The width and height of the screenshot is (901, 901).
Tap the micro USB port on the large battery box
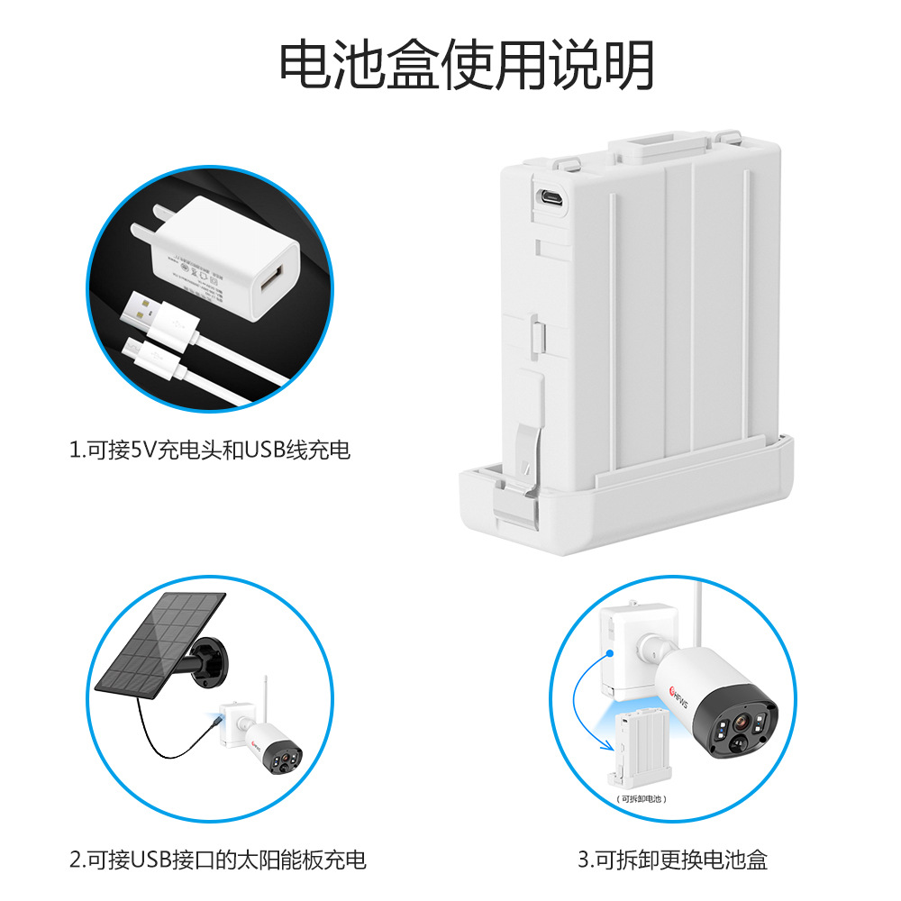click(x=551, y=198)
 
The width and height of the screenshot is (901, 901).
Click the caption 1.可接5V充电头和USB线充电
click(x=209, y=450)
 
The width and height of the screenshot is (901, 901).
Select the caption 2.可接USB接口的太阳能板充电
click(x=218, y=859)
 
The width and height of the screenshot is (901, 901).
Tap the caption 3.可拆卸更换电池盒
click(x=672, y=859)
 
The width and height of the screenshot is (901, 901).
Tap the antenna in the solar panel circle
click(x=266, y=697)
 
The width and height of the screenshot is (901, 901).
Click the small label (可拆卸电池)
click(x=642, y=798)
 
